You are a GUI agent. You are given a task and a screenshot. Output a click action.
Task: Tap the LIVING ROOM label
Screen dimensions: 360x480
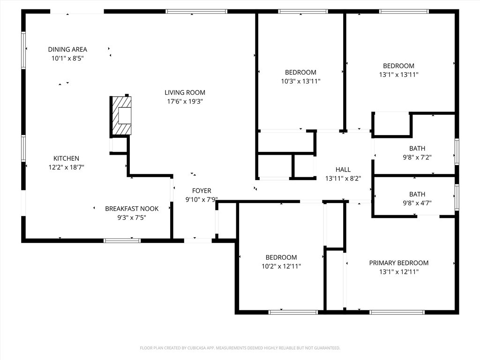185,92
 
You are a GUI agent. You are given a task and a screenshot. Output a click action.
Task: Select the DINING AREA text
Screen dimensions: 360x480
67,49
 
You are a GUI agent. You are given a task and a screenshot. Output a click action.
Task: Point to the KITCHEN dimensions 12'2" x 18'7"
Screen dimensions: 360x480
66,167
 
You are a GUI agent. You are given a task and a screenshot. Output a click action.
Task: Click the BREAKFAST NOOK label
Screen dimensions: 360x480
132,209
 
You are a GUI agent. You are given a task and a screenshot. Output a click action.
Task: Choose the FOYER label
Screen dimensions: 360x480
202,191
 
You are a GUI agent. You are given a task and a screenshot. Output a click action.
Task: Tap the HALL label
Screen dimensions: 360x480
343,170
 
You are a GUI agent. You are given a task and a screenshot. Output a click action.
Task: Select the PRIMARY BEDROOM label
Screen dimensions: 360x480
398,263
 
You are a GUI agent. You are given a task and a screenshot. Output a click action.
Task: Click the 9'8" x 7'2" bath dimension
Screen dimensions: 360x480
417,157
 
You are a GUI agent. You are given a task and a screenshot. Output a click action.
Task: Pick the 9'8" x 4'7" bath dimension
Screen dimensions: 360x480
417,203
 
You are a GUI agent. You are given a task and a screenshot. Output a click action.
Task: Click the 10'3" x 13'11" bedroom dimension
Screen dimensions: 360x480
300,81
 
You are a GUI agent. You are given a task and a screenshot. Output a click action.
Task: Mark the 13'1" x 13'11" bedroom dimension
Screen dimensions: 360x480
398,75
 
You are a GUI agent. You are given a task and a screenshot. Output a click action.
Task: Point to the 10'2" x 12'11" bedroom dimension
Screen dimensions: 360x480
281,266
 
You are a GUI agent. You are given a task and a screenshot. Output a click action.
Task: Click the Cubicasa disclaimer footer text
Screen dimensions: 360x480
240,348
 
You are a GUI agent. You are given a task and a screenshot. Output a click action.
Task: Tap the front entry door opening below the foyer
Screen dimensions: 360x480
198,240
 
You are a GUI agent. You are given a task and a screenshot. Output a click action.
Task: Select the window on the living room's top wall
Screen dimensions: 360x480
196,11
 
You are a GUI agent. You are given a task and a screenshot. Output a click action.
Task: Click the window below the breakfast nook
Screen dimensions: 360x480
122,240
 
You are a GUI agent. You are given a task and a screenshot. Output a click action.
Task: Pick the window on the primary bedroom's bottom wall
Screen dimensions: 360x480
397,312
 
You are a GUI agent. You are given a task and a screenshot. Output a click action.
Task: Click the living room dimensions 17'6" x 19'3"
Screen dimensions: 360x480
185,101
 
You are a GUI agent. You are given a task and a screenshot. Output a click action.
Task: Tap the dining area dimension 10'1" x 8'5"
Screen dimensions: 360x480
67,58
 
